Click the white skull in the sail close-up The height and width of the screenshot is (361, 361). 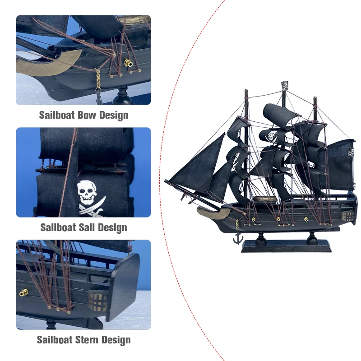(87, 193)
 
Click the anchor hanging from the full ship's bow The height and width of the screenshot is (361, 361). (238, 238)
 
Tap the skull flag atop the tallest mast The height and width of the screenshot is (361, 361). (285, 85)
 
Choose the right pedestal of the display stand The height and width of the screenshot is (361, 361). (311, 237)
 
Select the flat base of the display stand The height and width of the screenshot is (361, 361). (286, 246)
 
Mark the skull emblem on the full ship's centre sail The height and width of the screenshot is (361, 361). (272, 135)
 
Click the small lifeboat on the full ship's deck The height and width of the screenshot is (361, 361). (264, 199)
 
